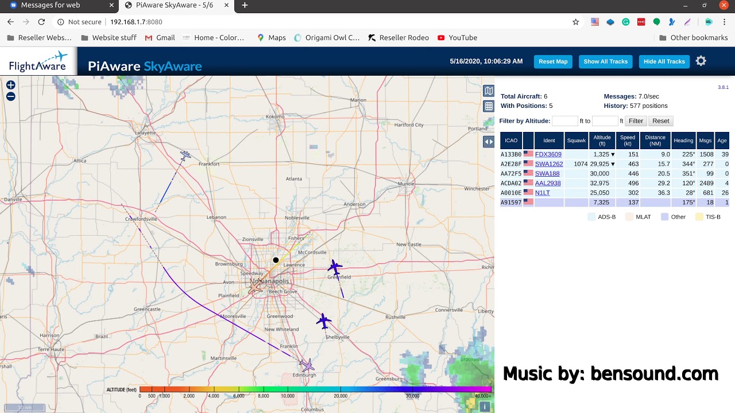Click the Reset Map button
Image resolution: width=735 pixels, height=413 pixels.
[553, 61]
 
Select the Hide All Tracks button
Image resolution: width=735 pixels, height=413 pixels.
[664, 61]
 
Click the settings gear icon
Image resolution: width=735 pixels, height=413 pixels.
[701, 61]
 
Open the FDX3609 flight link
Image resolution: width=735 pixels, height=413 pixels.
[548, 154]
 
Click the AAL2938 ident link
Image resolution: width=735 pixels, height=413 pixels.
[547, 183]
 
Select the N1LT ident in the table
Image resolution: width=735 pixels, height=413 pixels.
[542, 193]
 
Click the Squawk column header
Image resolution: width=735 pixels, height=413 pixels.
[576, 141]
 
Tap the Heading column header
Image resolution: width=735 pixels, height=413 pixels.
[683, 141]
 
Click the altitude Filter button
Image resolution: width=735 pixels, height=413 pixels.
[636, 121]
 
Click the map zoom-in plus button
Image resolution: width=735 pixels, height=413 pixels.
[11, 85]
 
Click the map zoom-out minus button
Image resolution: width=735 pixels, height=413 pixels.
[11, 96]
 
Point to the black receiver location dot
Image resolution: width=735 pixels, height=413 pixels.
[276, 260]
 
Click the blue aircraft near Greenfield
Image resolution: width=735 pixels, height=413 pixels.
[335, 267]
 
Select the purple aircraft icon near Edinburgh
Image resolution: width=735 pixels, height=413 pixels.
[307, 365]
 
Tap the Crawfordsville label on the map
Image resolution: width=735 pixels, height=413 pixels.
[142, 219]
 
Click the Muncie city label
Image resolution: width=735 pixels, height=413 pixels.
[405, 184]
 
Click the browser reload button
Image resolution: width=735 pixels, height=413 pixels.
[41, 22]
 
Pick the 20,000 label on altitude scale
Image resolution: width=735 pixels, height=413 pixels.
[341, 396]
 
